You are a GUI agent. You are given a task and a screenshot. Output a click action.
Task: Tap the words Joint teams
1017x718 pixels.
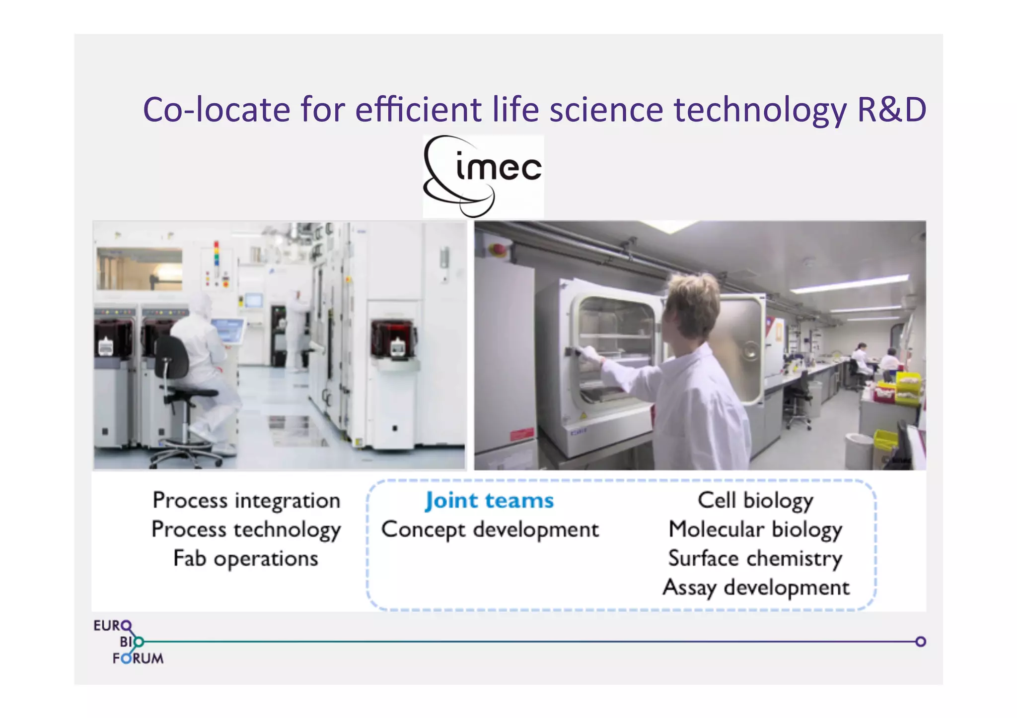coord(489,501)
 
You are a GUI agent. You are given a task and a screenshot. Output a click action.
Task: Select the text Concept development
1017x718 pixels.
coord(490,529)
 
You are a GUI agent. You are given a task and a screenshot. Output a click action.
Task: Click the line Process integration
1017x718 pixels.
coord(246,500)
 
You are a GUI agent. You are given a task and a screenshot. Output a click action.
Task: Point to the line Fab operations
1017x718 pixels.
coord(246,559)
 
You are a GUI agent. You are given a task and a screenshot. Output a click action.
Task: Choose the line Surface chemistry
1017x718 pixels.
coord(755,559)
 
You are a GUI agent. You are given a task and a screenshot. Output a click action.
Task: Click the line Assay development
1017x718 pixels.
coord(756,588)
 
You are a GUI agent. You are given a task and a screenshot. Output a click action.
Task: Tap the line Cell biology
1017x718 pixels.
coord(755,500)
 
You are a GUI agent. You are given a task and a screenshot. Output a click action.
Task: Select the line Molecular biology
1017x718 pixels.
coord(755,529)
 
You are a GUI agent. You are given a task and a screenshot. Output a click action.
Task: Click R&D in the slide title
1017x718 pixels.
coord(891,110)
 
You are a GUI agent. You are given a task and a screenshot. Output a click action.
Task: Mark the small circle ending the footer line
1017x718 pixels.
coord(920,642)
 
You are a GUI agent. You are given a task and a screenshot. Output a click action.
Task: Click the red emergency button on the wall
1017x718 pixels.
coord(497,249)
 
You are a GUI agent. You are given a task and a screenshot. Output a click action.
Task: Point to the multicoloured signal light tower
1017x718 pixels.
coord(217,254)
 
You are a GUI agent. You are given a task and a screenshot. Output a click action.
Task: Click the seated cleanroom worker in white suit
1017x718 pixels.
coord(201,357)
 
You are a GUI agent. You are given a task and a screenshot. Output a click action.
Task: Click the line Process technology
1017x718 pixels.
coord(246,529)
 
